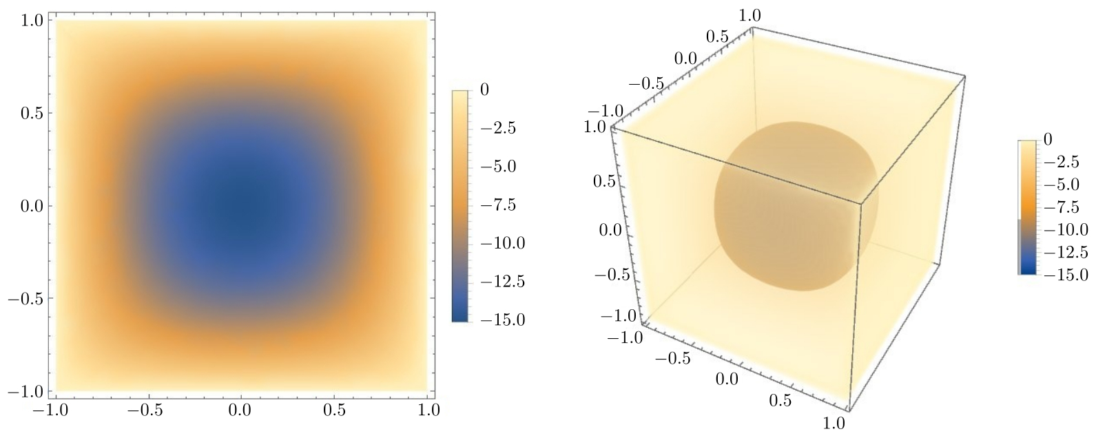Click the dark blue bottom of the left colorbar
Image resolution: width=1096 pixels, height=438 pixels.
point(460,313)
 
